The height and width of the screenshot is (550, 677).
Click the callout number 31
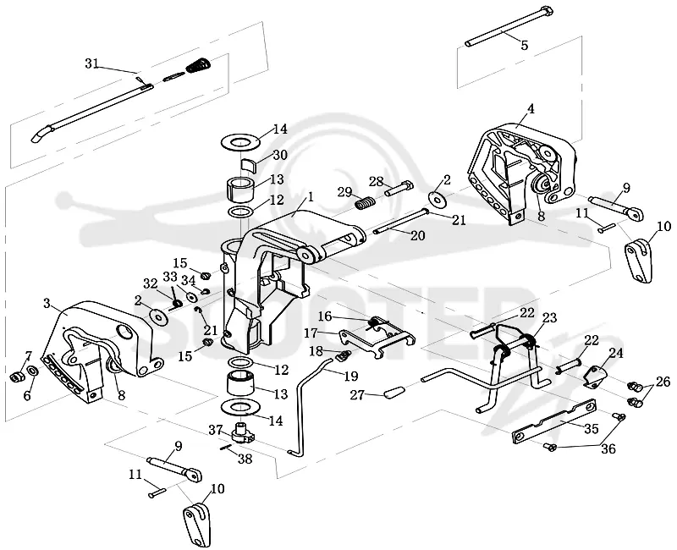point(91,64)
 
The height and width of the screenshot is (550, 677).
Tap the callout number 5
point(525,45)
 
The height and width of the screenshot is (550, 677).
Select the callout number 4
point(531,109)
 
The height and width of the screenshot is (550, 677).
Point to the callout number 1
point(310,197)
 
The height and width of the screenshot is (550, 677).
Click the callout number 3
point(47,304)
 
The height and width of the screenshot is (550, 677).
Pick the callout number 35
point(591,429)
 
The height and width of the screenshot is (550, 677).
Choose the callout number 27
point(357,395)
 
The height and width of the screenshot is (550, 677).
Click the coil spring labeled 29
point(366,202)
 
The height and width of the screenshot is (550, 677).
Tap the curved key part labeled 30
point(248,165)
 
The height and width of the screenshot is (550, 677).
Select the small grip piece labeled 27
point(393,393)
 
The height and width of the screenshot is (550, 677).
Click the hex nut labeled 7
point(15,377)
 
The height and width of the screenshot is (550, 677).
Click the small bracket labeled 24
point(597,376)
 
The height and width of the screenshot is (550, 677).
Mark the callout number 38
point(245,459)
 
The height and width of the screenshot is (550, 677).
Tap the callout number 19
point(351,377)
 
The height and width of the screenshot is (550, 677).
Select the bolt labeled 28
point(398,188)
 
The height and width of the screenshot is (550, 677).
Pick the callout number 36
point(608,449)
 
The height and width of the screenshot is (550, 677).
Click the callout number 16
point(325,316)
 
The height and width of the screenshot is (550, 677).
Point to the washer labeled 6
point(31,371)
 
